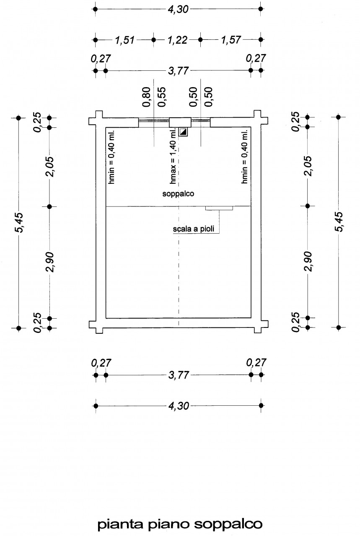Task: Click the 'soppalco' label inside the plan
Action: point(178,193)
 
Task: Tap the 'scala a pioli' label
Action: point(194,229)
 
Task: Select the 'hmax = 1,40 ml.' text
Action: point(173,156)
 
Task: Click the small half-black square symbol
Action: point(184,132)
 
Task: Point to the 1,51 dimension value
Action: point(124,40)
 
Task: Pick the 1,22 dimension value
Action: point(177,40)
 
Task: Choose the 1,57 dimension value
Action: point(231,40)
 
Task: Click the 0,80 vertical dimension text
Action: point(146,97)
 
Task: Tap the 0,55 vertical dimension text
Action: point(161,97)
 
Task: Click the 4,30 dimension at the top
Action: point(178,10)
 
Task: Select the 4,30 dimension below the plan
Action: point(179,406)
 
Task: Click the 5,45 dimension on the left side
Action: point(19,222)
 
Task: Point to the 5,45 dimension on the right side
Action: point(339,222)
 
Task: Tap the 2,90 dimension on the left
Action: point(50,262)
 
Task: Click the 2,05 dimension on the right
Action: point(308,166)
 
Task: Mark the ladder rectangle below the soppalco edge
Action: point(219,208)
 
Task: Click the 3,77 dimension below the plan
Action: point(179,375)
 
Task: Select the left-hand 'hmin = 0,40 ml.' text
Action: point(111,157)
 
